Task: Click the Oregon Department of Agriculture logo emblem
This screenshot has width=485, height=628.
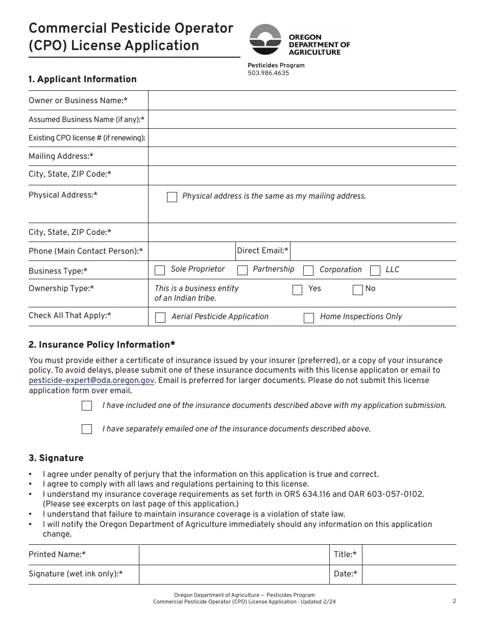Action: (265, 40)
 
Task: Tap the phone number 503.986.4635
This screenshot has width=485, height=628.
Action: (268, 73)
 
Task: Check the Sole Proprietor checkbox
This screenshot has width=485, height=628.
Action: (160, 270)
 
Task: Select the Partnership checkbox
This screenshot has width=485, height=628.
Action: (243, 270)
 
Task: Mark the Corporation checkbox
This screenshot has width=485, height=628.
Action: (308, 270)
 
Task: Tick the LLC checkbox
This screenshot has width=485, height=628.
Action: (375, 270)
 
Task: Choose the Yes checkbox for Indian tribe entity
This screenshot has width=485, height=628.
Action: (297, 290)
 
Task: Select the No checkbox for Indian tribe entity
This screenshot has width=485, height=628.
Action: (358, 290)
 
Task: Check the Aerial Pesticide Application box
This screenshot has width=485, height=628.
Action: (160, 318)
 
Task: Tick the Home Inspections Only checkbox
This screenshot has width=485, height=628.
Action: (309, 318)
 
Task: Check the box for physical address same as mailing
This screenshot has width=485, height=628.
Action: (172, 197)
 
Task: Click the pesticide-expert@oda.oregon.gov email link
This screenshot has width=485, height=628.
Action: (91, 380)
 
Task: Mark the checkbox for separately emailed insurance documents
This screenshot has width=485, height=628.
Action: (87, 429)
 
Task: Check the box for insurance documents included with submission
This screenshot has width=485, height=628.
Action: (87, 406)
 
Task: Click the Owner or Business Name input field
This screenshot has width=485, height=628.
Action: (302, 101)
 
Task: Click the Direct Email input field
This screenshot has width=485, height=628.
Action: (373, 251)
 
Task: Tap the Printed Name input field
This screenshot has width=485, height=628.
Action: (234, 554)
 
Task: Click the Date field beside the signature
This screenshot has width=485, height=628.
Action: (409, 574)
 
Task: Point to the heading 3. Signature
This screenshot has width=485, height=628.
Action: (56, 458)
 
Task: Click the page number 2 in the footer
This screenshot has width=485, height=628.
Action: (454, 601)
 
